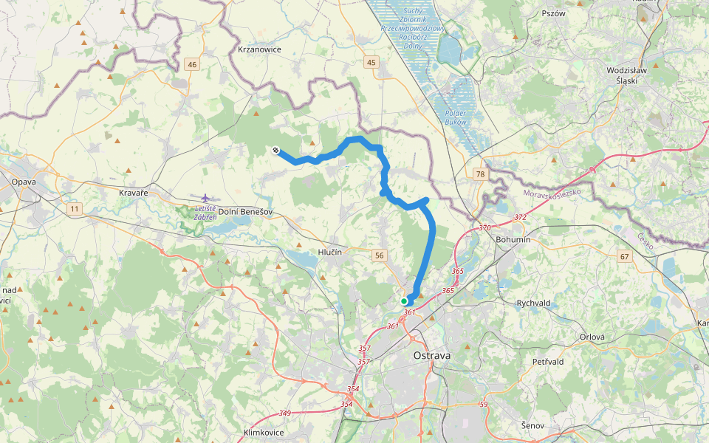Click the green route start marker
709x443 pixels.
click(404, 301)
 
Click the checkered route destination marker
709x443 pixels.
click(275, 151)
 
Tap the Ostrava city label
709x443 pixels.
click(431, 355)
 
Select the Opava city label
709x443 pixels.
click(24, 181)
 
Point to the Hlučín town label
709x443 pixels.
click(329, 252)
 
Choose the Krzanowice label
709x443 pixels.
click(261, 49)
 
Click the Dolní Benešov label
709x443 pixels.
click(247, 212)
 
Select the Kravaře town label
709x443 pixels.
click(134, 193)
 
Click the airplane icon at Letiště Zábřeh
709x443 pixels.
click(205, 198)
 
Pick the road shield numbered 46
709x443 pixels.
click(193, 65)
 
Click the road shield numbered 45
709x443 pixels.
click(371, 63)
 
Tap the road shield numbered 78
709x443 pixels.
click(480, 174)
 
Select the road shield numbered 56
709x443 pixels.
click(380, 255)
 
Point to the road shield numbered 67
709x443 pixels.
click(625, 256)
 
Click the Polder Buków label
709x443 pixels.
click(456, 117)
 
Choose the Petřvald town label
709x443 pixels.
click(548, 362)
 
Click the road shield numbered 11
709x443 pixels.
click(74, 210)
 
